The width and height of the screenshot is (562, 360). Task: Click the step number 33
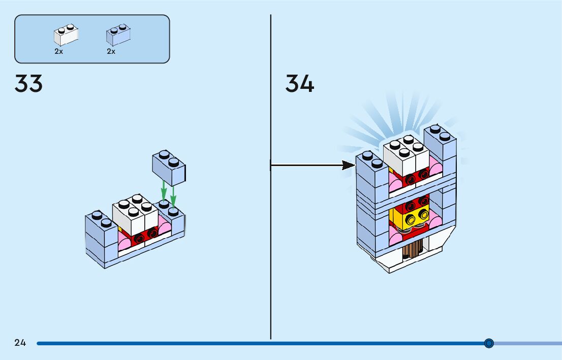pos(28,84)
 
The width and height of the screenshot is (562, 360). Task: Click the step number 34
pos(300,84)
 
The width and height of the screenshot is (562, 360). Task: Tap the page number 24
pos(20,343)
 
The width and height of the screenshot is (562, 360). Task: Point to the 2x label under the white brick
pos(59,51)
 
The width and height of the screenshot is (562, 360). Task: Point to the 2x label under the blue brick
pos(111,51)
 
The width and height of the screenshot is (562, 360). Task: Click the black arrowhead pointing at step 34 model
pos(348,165)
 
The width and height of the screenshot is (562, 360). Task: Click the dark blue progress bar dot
pos(489,343)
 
